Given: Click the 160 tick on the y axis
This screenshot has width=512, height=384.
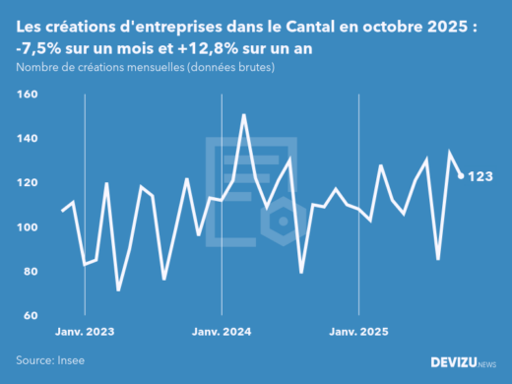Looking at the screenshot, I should pos(26,95).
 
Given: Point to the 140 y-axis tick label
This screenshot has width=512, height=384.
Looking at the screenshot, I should pos(26,139).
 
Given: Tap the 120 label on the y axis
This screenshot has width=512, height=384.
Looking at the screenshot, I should pos(26,183).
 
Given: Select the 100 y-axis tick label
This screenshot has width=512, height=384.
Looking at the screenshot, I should pos(26,227).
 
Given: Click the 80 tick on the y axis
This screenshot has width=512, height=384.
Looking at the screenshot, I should pos(28,272).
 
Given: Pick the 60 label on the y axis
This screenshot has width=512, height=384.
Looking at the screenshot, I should pos(28,316).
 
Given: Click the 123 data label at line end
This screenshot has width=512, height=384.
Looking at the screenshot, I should pos(480,176).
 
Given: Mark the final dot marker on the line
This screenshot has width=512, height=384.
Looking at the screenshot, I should pos(462,176).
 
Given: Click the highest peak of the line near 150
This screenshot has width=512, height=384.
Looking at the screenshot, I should pos(243,115).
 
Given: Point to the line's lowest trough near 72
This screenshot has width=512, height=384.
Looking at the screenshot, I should pos(118,289).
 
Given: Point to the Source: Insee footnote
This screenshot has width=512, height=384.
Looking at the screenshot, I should pos(50,360).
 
